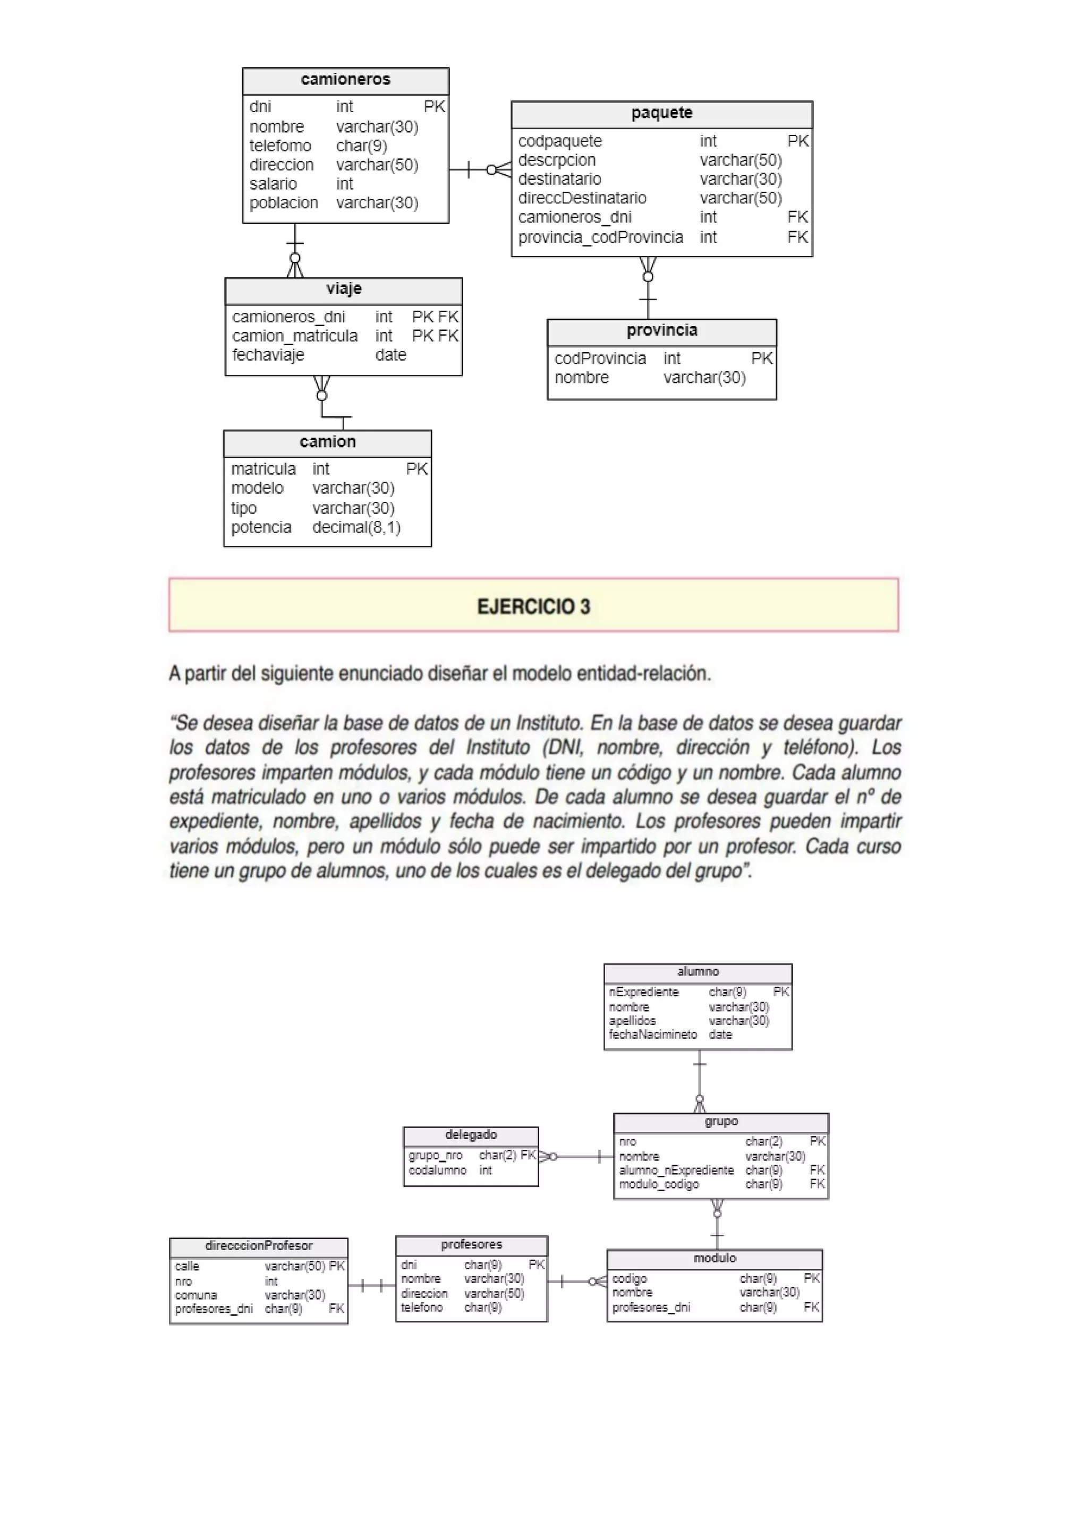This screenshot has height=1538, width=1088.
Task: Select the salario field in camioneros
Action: click(274, 184)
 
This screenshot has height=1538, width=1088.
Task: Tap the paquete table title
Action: click(661, 113)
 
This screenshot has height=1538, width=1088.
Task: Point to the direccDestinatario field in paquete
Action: click(582, 198)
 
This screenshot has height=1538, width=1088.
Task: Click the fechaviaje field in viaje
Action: click(268, 355)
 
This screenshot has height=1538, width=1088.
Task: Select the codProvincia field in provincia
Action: click(600, 358)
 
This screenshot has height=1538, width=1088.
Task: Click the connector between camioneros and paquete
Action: click(480, 170)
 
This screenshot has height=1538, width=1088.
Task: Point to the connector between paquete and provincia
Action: click(647, 288)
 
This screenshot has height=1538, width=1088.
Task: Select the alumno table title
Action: click(698, 971)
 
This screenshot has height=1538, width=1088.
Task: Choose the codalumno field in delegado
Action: click(437, 1170)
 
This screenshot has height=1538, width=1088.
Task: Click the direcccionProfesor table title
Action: click(259, 1246)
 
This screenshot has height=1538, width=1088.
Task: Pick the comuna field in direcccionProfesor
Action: click(195, 1295)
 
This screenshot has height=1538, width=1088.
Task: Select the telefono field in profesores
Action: click(421, 1307)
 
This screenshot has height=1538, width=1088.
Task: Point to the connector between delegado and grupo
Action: click(576, 1156)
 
